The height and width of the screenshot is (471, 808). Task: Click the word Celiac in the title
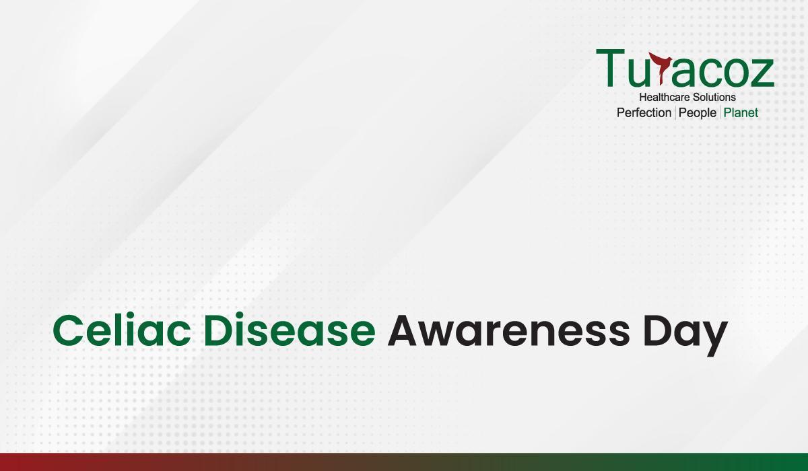coord(122,330)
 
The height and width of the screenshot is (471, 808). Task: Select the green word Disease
coord(290,330)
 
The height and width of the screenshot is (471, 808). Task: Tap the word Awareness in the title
coord(508,330)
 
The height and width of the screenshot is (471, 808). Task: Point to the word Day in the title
coord(685,334)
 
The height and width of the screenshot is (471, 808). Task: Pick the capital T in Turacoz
coord(610,68)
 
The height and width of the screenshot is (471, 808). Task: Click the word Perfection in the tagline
coord(644,113)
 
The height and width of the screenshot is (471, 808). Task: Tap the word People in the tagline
coord(698,114)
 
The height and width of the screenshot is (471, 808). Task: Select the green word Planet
coord(741,113)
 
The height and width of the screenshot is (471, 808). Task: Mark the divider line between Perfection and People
coord(675,113)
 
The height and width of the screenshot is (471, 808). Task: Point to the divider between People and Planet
coord(720,113)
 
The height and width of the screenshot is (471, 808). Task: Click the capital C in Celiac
coord(69,330)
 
